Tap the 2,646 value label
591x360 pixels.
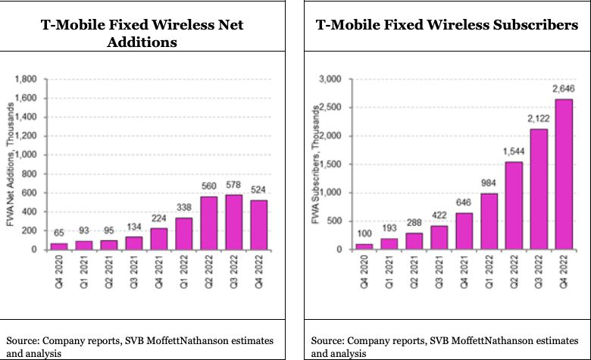click(562, 89)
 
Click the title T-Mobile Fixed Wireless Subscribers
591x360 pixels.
click(446, 26)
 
